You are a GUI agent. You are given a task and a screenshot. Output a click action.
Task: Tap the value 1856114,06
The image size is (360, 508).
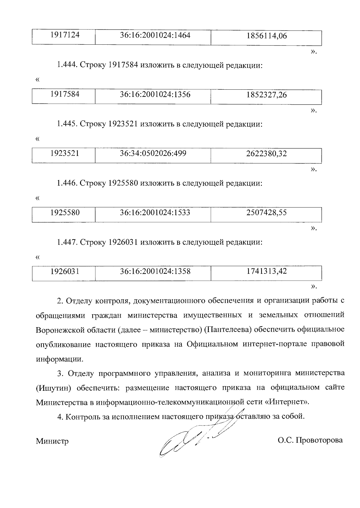(x=266, y=36)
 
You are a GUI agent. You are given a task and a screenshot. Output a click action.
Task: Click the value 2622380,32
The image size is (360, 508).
(x=266, y=154)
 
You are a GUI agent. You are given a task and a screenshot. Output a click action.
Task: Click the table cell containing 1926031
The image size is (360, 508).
(x=65, y=272)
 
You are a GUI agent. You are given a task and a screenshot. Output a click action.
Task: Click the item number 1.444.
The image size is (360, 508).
(x=67, y=65)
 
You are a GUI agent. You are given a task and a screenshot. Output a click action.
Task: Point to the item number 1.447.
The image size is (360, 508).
(x=67, y=242)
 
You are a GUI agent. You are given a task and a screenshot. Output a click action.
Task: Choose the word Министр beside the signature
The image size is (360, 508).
(x=52, y=441)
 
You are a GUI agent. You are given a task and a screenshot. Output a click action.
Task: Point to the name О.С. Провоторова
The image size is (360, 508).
(x=310, y=440)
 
